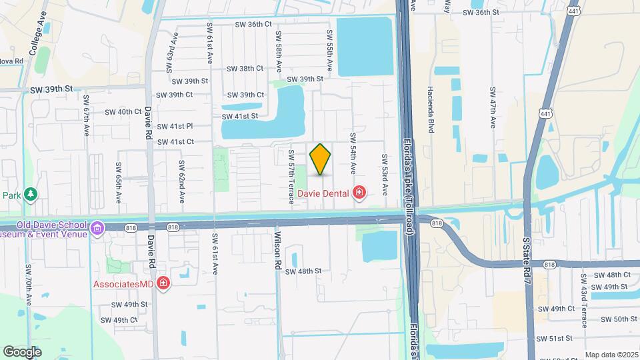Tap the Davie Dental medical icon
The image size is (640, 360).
359,193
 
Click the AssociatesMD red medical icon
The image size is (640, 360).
163,285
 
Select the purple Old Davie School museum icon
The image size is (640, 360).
98,229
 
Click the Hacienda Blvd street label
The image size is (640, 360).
431,109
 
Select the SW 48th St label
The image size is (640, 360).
303,271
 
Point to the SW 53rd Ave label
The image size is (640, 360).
384,175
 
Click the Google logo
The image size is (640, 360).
22,351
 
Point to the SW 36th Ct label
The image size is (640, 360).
253,24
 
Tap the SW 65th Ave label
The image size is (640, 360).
117,182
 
